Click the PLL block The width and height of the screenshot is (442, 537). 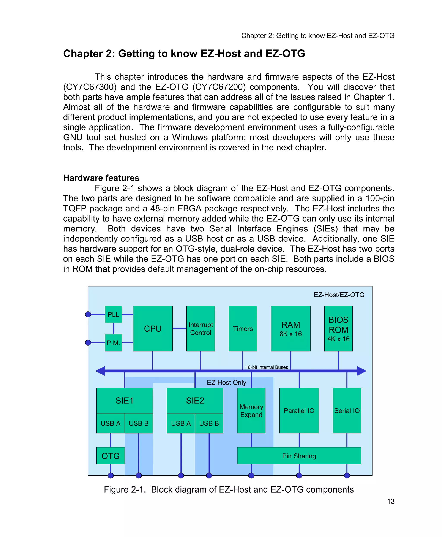(113, 314)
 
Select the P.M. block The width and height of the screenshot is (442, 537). (113, 343)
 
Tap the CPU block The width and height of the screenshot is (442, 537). (153, 329)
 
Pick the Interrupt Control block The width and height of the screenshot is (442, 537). (201, 329)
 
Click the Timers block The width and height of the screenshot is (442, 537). (243, 329)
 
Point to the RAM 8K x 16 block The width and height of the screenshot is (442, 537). (290, 329)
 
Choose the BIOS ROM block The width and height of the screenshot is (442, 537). (338, 329)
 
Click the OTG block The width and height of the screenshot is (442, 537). (110, 456)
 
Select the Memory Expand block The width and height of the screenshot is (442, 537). (251, 411)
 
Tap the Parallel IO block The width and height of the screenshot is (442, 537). (299, 411)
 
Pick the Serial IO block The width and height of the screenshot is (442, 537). (347, 411)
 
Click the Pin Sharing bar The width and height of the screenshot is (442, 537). (299, 456)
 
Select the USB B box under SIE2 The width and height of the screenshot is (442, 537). (209, 423)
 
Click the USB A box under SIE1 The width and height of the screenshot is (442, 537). (110, 423)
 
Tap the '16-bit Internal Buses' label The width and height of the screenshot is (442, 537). (267, 367)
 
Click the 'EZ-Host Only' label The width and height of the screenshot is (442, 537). (226, 382)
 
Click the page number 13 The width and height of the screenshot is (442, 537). (391, 501)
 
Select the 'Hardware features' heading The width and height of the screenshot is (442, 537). (101, 178)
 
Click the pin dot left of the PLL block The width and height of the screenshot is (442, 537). (88, 314)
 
